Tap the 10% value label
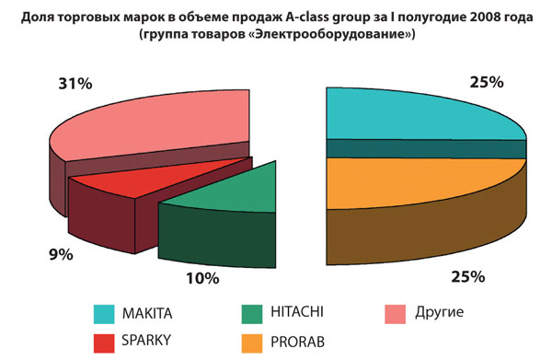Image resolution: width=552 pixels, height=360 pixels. pyautogui.click(x=201, y=276)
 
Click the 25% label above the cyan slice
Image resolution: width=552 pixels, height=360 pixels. pyautogui.click(x=484, y=82)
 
